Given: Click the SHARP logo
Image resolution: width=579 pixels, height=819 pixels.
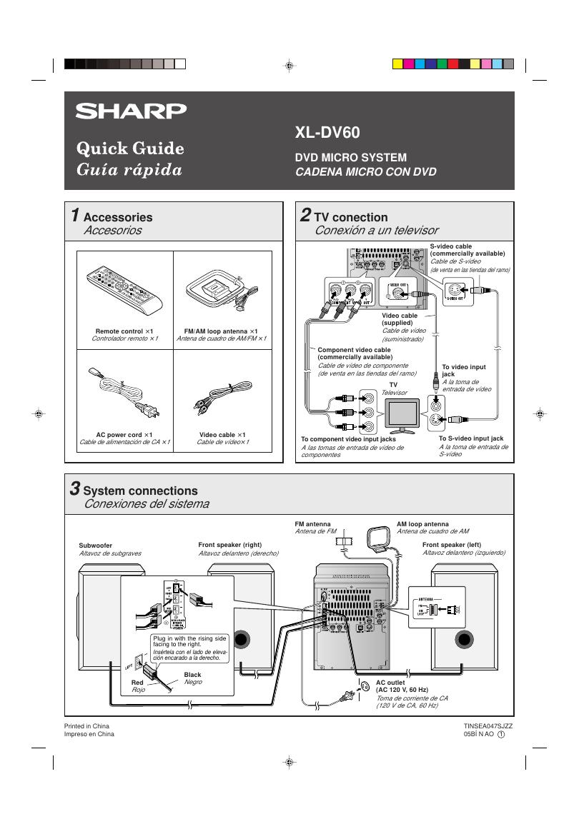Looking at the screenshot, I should [x=132, y=111].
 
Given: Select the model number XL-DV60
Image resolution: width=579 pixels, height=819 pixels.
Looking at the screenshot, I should [x=327, y=133].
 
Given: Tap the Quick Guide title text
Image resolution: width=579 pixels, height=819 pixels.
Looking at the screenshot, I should [x=130, y=149].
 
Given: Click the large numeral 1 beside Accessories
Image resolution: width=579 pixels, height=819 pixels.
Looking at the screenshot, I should [x=74, y=215].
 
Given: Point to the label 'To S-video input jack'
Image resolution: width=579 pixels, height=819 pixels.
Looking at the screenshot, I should [x=471, y=438].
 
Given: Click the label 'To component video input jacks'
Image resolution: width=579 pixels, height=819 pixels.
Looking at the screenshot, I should [x=348, y=439].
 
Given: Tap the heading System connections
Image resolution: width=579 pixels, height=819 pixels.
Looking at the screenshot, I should [x=140, y=491].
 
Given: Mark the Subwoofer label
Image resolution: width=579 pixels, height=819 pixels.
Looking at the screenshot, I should [x=96, y=545].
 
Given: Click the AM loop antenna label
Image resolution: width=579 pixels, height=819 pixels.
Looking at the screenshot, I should [x=423, y=524].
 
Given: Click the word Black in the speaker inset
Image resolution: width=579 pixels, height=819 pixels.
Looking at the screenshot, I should [x=192, y=674].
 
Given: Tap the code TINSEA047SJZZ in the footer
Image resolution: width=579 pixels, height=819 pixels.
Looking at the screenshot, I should [x=488, y=725].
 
